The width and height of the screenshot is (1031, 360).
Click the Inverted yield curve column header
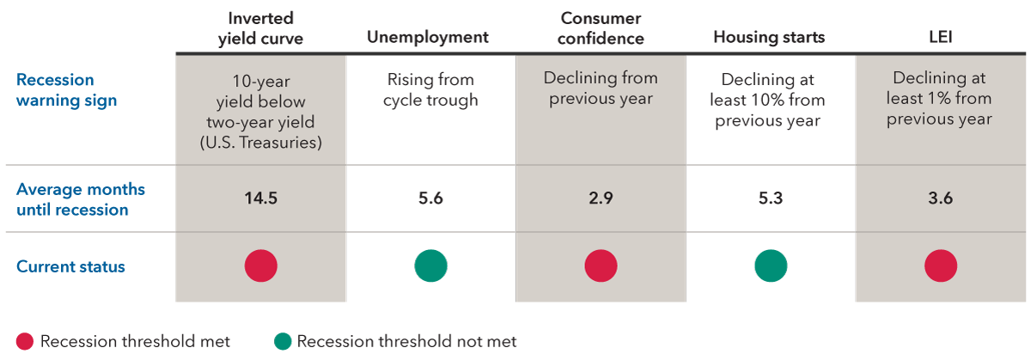261,27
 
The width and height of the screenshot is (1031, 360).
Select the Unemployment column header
428,37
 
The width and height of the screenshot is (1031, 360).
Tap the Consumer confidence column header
601,27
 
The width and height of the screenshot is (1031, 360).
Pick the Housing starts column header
769,37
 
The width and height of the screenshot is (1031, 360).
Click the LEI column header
939,37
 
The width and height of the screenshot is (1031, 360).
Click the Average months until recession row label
81,199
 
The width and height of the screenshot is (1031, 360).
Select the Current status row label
70,266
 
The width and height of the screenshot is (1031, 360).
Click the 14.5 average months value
261,198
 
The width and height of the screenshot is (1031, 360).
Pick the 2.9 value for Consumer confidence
601,198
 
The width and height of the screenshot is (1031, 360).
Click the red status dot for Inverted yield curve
261,266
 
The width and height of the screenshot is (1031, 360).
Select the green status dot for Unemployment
430,266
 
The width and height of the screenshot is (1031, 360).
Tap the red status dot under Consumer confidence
601,266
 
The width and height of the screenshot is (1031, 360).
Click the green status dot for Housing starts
771,266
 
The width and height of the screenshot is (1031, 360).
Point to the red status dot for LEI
941,266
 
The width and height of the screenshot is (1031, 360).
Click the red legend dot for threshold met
25,341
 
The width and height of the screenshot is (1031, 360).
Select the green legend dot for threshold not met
282,341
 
